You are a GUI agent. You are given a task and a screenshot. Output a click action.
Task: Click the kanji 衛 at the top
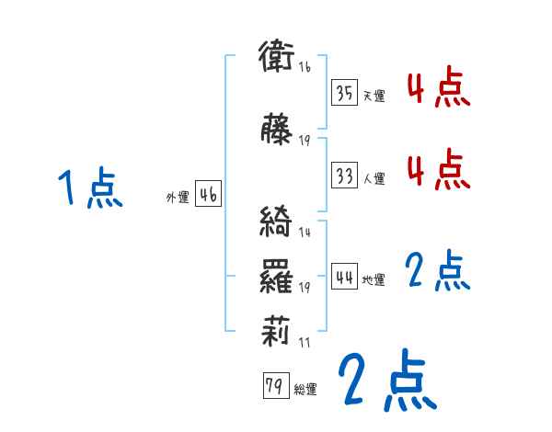pos(277,57)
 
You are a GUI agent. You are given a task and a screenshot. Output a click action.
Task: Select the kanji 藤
pos(277,129)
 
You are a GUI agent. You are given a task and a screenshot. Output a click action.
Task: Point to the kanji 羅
pos(277,275)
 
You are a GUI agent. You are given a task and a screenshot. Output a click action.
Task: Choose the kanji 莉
pos(277,329)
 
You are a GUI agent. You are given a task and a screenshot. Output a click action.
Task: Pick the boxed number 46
pos(208,195)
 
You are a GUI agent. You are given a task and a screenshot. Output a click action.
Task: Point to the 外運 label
pos(177,198)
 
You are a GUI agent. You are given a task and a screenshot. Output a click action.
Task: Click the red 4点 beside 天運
pos(439,89)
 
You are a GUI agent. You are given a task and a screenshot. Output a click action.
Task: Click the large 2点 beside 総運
pos(386,381)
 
